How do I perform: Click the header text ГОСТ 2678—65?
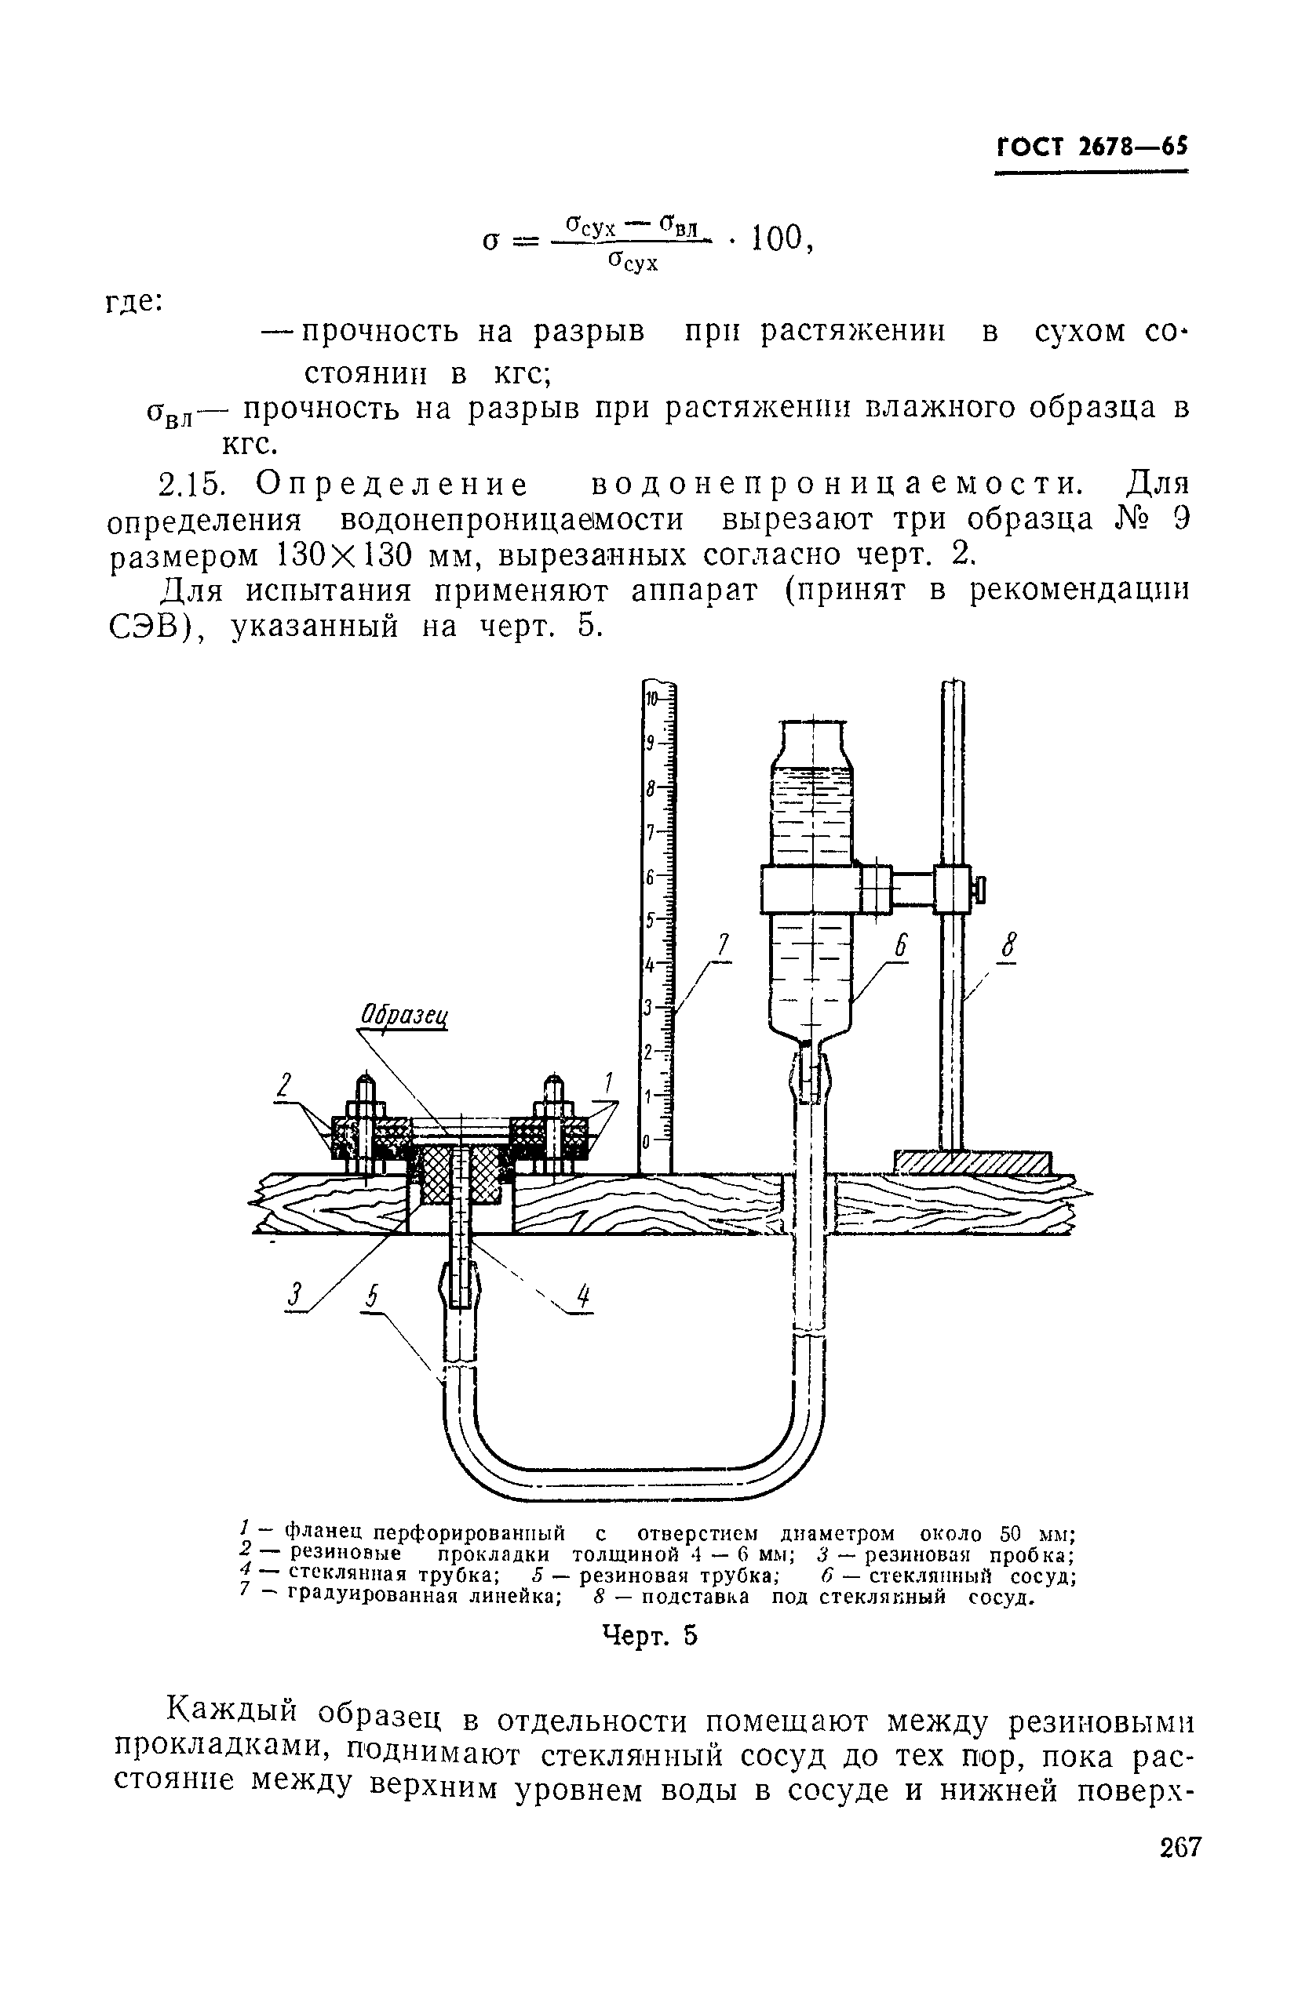(1091, 147)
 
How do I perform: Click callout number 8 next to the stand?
(1009, 948)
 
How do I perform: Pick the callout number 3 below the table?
(294, 1296)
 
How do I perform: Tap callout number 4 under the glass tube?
(584, 1298)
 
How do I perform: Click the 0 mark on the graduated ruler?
(647, 1142)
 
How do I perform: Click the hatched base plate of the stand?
(972, 1162)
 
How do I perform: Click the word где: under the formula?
(135, 301)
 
